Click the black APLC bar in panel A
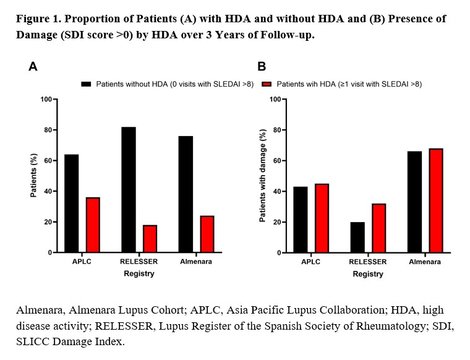pyautogui.click(x=71, y=204)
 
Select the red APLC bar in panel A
pyautogui.click(x=93, y=225)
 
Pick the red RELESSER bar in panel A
pyautogui.click(x=150, y=239)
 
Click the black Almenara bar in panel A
pyautogui.click(x=186, y=194)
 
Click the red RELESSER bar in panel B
pyautogui.click(x=378, y=228)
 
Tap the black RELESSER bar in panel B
pyautogui.click(x=357, y=238)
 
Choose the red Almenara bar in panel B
pyautogui.click(x=435, y=200)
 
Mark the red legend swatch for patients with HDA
pyautogui.click(x=267, y=84)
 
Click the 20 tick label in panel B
pyautogui.click(x=276, y=222)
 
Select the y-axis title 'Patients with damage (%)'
pyautogui.click(x=263, y=176)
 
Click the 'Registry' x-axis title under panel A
pyautogui.click(x=139, y=273)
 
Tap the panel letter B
pyautogui.click(x=262, y=66)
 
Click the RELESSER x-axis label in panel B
pyautogui.click(x=367, y=262)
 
